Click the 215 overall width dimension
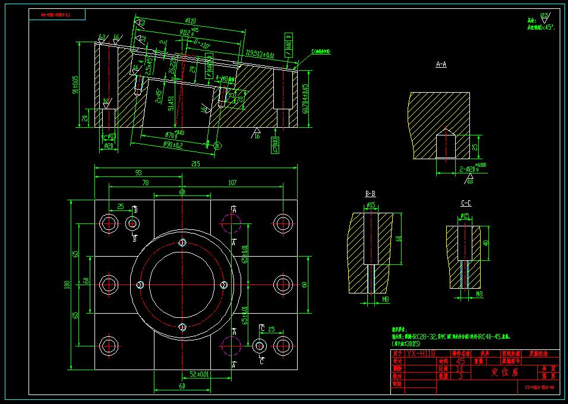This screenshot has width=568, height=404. coord(196,164)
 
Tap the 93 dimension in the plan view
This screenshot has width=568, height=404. coord(138,173)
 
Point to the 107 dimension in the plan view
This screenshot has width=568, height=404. coord(232,183)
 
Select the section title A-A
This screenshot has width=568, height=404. coord(441,64)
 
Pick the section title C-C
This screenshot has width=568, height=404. coord(466,203)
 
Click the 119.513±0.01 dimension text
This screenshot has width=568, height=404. coord(261,55)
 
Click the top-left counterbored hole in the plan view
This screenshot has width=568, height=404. coord(109,223)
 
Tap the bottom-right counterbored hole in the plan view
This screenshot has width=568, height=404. coord(282,345)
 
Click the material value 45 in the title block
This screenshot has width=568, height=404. coord(460,361)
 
